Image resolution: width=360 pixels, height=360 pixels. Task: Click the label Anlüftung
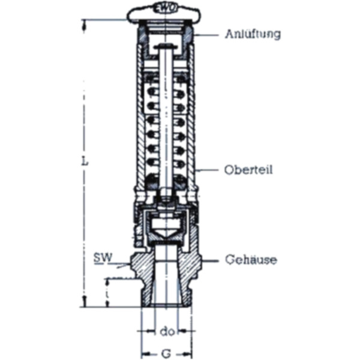click(253, 34)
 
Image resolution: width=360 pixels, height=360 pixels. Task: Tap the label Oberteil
click(248, 170)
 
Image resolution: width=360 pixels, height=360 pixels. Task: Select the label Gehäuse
click(251, 260)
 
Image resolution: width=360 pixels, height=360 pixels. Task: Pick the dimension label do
click(167, 330)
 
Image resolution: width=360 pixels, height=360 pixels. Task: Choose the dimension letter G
click(166, 353)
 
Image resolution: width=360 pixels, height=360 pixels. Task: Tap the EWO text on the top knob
click(164, 8)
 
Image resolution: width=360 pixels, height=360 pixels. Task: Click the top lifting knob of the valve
click(164, 12)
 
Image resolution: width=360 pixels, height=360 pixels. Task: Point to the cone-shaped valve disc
click(164, 229)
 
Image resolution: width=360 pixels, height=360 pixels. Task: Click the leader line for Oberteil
click(209, 170)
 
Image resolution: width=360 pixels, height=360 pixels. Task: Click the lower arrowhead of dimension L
click(85, 303)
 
